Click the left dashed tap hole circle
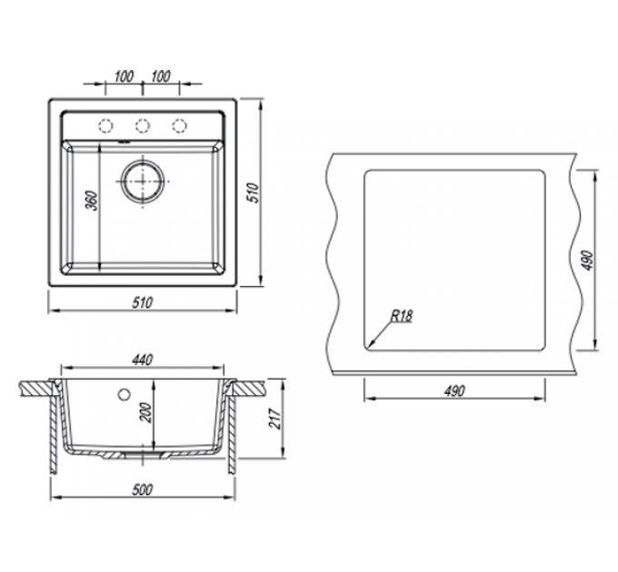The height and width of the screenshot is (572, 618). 105,125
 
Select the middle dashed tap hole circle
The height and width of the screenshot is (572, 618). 143,125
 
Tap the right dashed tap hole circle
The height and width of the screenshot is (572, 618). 179,125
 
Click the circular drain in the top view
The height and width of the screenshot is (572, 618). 143,181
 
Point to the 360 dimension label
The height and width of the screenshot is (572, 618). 92,201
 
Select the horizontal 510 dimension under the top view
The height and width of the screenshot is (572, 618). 143,302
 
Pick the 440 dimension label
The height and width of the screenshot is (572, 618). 143,360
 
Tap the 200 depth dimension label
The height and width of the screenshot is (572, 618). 146,413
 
